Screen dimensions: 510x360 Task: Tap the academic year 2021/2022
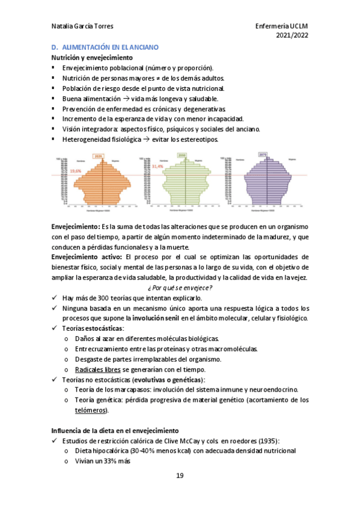291,36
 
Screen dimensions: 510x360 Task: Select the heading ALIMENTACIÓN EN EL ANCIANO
109,47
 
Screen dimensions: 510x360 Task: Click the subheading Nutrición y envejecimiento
91,58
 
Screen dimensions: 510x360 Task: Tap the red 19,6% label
76,171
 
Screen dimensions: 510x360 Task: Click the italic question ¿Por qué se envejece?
180,287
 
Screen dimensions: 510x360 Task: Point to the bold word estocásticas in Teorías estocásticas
103,328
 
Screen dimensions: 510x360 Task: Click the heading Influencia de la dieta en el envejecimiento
115,431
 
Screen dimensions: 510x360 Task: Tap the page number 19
180,476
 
